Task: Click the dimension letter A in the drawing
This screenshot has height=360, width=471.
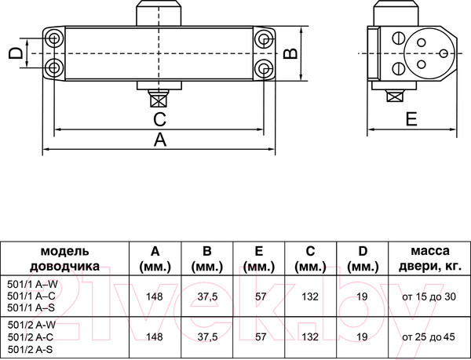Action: [x=159, y=140]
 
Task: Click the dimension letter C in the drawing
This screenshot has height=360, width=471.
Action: [x=159, y=119]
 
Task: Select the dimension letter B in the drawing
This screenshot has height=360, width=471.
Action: [x=289, y=53]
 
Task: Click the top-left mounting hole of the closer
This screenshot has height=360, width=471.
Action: [x=53, y=38]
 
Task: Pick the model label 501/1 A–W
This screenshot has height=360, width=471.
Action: [x=31, y=284]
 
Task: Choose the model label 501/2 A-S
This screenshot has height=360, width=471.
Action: [x=31, y=347]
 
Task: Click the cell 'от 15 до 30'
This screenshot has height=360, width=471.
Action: [x=428, y=296]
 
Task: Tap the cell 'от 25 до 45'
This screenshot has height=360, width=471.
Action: [x=428, y=336]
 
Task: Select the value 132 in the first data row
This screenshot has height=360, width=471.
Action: [x=309, y=296]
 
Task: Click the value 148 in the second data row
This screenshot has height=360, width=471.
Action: [x=155, y=336]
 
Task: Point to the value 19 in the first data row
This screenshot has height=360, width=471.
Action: [x=361, y=296]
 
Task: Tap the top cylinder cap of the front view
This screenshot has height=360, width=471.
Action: [x=159, y=13]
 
